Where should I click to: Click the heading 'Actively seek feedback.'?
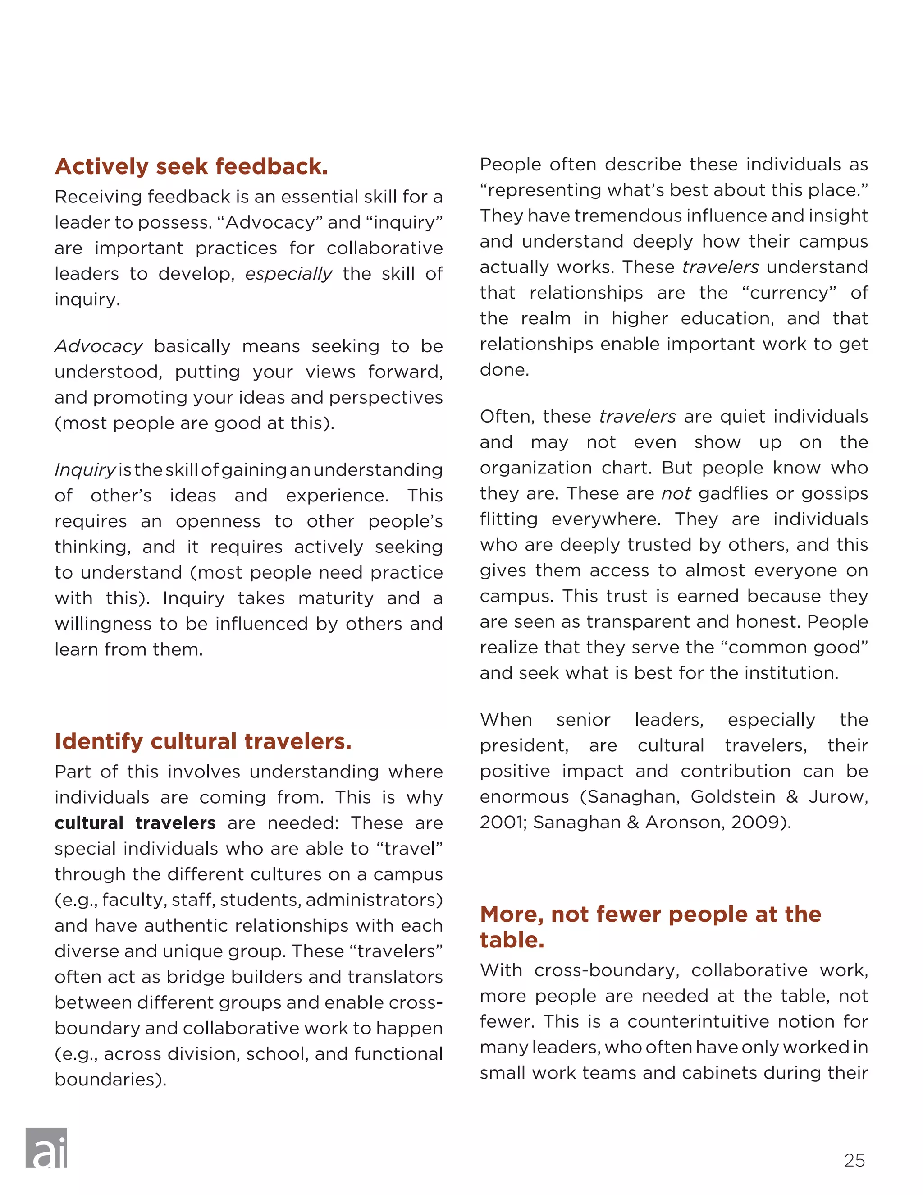tap(192, 166)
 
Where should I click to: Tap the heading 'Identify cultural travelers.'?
tap(203, 741)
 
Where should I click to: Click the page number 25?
tap(854, 1160)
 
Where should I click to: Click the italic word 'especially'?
tap(288, 274)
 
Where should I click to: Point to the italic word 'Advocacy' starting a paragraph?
tap(98, 346)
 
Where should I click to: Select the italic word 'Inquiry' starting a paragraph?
tap(85, 470)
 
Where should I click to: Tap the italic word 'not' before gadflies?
tap(676, 493)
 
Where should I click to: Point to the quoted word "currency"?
tap(789, 293)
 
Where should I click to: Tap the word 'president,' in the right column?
tap(524, 745)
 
